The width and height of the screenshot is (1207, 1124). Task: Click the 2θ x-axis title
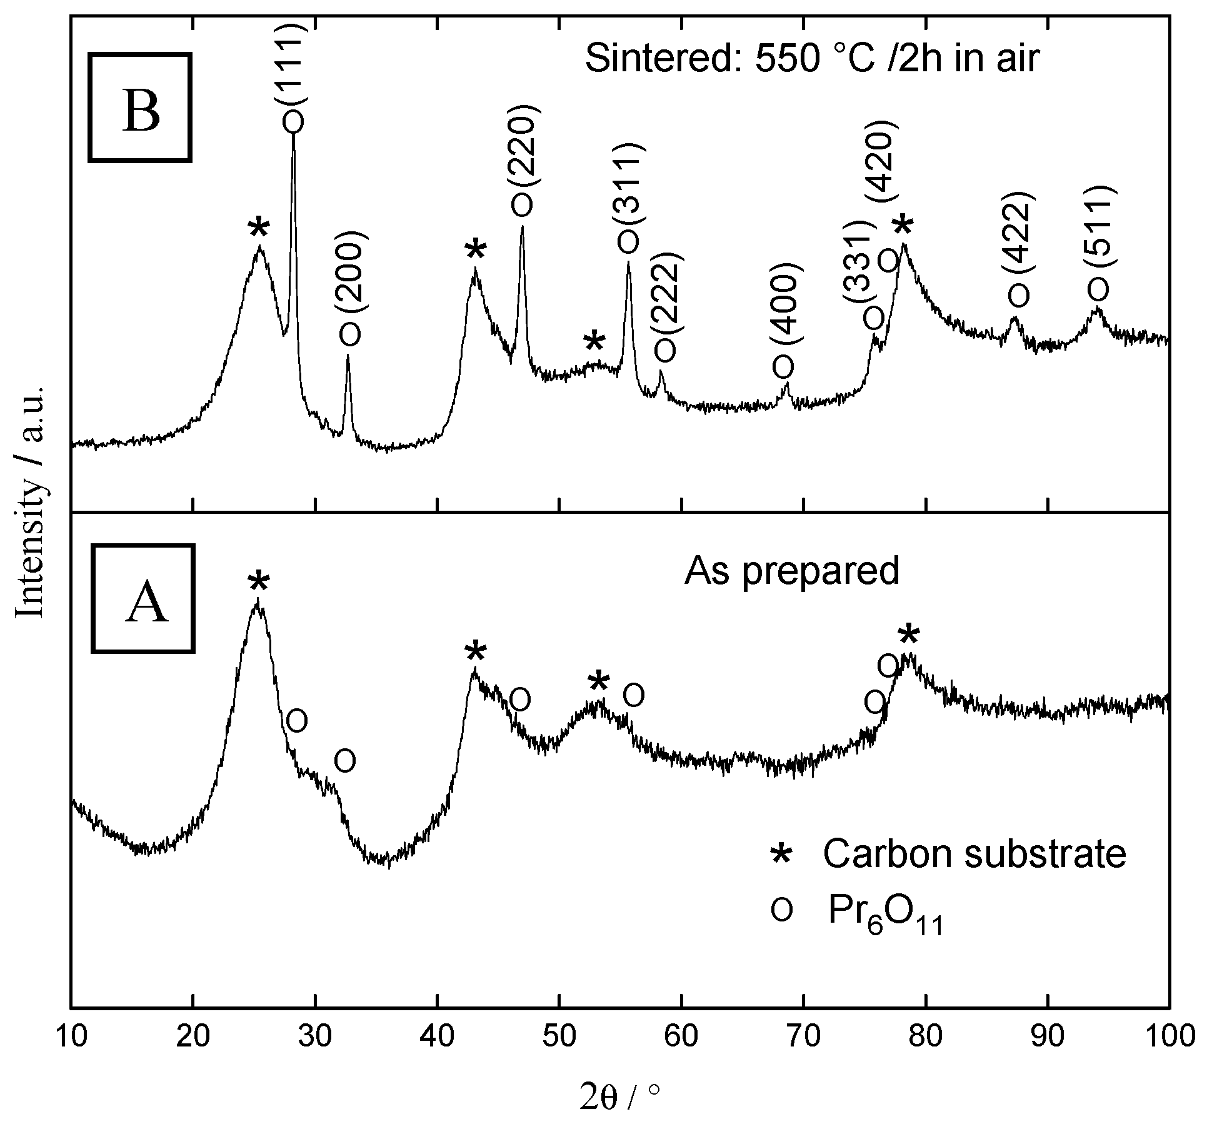[619, 1096]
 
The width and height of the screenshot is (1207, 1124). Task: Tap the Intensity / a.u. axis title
[30, 501]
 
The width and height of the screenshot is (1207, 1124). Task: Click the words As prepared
[791, 570]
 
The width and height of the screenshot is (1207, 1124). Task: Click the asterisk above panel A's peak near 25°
[258, 583]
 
